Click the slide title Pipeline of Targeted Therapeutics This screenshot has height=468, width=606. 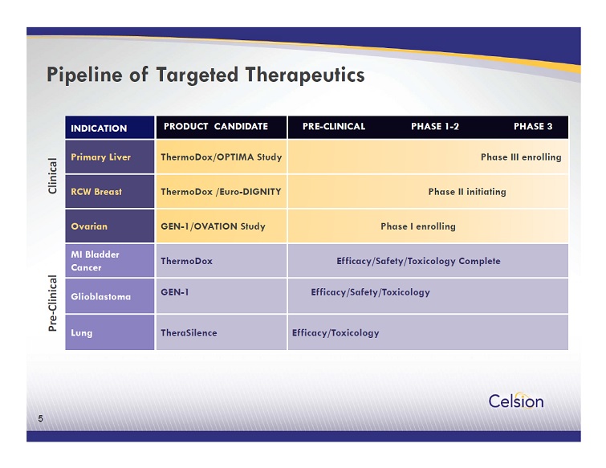[x=205, y=75]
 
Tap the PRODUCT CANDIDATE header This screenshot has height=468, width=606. [x=216, y=126]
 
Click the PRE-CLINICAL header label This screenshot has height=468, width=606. [x=334, y=126]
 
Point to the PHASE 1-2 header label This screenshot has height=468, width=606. [x=435, y=126]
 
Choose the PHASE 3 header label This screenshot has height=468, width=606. [x=533, y=126]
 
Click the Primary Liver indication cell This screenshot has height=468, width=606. [x=110, y=157]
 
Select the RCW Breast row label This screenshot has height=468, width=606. [x=96, y=192]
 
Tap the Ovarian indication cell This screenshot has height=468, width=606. [x=110, y=226]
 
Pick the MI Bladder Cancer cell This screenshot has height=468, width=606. [x=110, y=260]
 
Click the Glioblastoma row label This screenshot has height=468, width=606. [x=101, y=297]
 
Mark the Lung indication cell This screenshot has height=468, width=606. [x=110, y=332]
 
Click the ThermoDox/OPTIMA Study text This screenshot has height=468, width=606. [x=222, y=157]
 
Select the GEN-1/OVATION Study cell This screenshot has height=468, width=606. [x=222, y=226]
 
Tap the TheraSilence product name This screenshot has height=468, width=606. [x=189, y=333]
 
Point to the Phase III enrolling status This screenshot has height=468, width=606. [x=521, y=157]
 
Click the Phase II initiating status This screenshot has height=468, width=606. [x=467, y=192]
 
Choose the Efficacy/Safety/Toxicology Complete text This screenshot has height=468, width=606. [x=418, y=261]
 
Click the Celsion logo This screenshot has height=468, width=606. [x=516, y=401]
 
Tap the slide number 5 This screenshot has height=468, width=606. [x=41, y=418]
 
